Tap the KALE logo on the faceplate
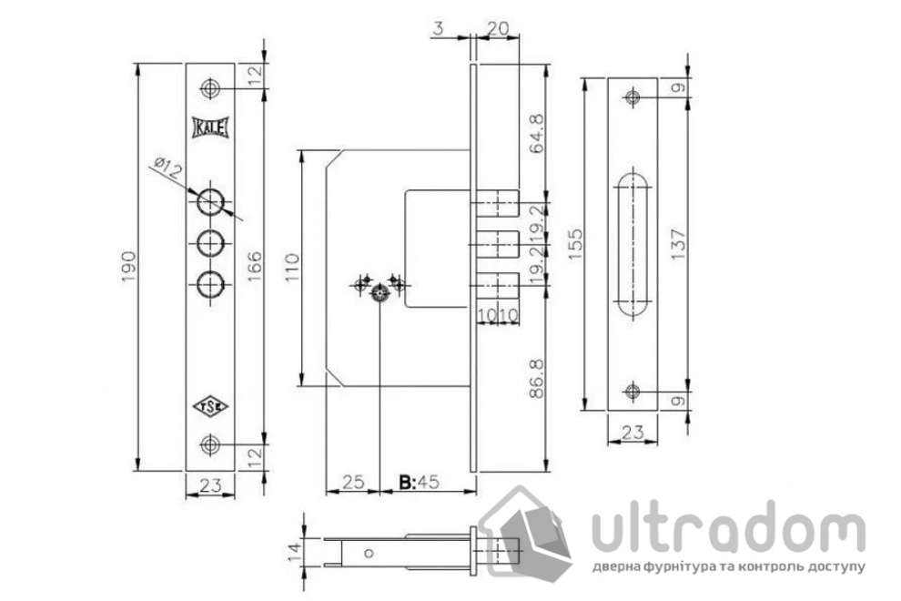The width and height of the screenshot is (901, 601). tap(211, 127)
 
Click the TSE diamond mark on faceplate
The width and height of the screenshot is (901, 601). tap(211, 405)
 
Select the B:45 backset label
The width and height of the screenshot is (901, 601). tap(419, 482)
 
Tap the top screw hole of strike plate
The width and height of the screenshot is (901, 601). tap(633, 97)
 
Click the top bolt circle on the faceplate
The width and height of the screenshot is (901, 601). tap(211, 199)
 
